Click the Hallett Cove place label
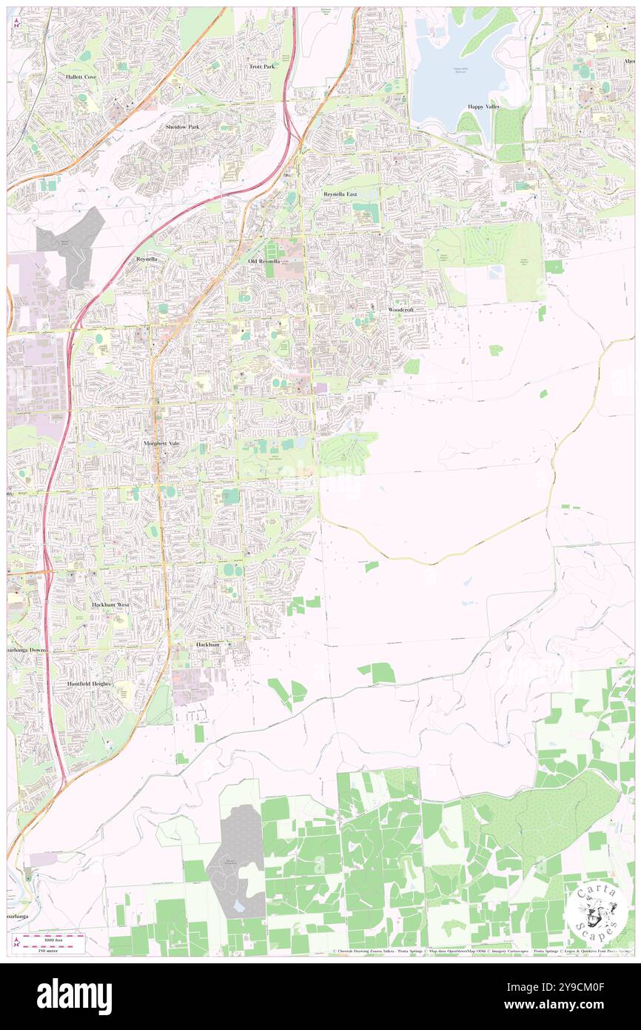click(80, 76)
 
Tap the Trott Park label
click(262, 66)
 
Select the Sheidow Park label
click(182, 127)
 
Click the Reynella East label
click(340, 194)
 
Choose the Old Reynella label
click(264, 262)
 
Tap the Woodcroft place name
click(401, 309)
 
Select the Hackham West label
click(110, 605)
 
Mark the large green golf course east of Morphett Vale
click(348, 452)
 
